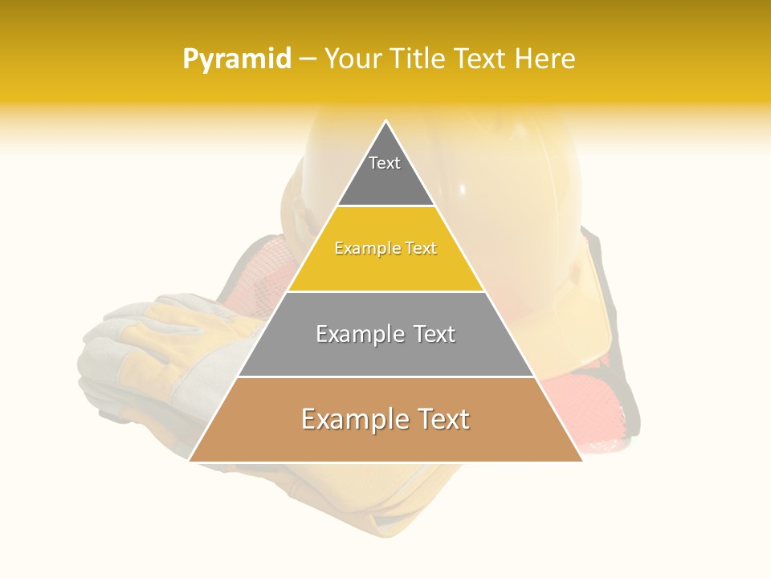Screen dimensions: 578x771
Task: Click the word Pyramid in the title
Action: (236, 59)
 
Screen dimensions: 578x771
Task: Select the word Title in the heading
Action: (418, 59)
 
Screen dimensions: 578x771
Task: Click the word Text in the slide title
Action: (481, 59)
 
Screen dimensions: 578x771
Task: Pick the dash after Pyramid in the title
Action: (307, 60)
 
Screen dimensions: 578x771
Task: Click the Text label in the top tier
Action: (385, 163)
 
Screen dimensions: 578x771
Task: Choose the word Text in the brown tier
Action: (441, 419)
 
